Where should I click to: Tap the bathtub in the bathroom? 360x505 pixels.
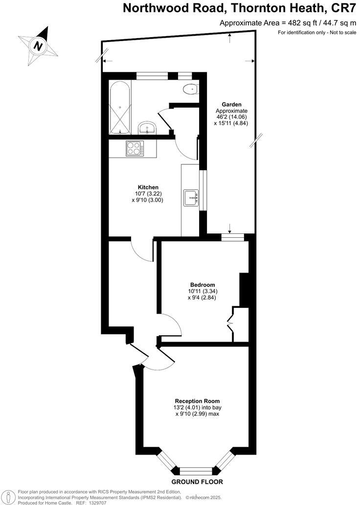point(120,108)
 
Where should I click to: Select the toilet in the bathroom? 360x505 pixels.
point(190,89)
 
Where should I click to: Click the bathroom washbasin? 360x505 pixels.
point(146,128)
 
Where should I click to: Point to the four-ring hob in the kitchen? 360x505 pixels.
point(134,148)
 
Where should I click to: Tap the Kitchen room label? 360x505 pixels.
point(148,187)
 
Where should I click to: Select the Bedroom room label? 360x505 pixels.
point(202,285)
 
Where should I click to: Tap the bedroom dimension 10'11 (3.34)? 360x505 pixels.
point(202,291)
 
